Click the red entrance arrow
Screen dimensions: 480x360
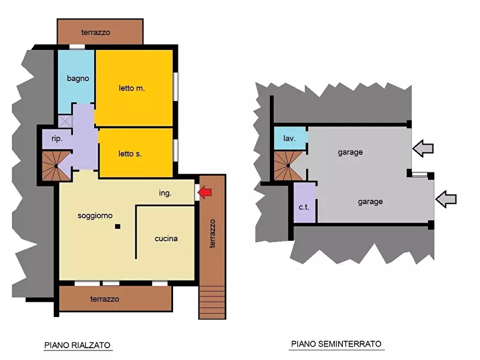point(205,192)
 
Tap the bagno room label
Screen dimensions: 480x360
point(78,78)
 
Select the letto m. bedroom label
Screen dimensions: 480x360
point(132,88)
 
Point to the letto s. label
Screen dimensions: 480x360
point(130,154)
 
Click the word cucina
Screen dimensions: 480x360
point(166,239)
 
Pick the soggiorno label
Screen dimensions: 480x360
point(95,216)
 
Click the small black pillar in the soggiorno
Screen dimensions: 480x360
point(118,227)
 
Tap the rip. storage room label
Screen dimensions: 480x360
point(57,139)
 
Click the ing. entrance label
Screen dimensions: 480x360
point(166,193)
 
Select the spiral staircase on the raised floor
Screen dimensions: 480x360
point(56,165)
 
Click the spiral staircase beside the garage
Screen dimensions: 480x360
point(288,165)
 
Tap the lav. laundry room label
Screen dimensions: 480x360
point(289,139)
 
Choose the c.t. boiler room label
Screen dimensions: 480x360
point(304,207)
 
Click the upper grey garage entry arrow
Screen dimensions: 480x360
point(423,148)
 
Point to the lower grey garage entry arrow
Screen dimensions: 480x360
point(446,199)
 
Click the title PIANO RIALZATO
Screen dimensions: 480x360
point(77,345)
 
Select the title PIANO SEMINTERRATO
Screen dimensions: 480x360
point(336,344)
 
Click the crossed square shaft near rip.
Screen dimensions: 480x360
point(65,121)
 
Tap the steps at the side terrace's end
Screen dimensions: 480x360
point(212,302)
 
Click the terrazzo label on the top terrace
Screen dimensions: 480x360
point(96,32)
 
